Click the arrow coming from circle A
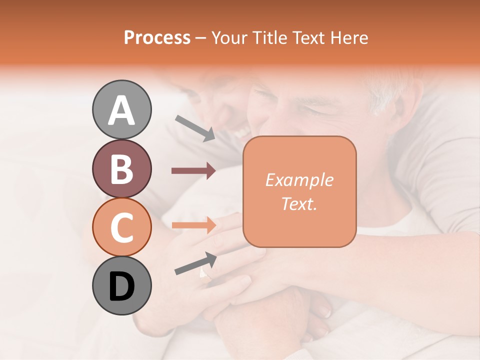[195, 128]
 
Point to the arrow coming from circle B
[193, 171]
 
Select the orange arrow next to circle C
[193, 225]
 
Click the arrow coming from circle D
[195, 263]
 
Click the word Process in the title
[157, 37]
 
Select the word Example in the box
[299, 180]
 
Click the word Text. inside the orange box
[299, 203]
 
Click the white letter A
[121, 110]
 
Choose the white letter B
[121, 169]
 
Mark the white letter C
[121, 228]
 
